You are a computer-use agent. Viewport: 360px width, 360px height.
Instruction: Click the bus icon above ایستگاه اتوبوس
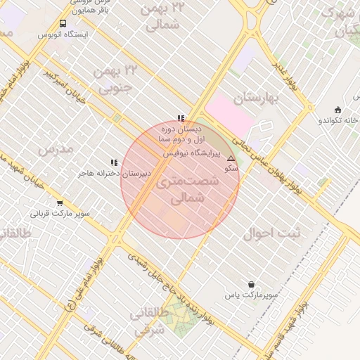pyautogui.click(x=63, y=23)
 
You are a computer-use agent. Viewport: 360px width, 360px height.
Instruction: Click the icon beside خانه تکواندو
pyautogui.click(x=338, y=109)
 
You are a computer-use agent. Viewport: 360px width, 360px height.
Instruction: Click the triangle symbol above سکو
pyautogui.click(x=231, y=159)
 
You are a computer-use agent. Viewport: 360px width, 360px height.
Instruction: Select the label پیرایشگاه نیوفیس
pyautogui.click(x=192, y=152)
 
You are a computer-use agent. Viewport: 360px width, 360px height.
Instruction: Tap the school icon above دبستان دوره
pyautogui.click(x=181, y=118)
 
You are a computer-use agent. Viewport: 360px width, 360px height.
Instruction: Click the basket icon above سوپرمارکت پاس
pyautogui.click(x=251, y=285)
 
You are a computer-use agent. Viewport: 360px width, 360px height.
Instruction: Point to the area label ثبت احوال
pyautogui.click(x=271, y=234)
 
